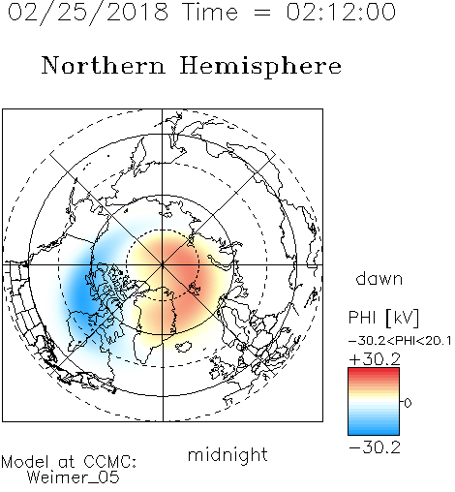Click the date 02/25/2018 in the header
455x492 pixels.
(88, 13)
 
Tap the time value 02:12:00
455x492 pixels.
(341, 13)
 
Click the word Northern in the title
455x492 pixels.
(104, 65)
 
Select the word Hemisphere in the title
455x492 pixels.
(260, 67)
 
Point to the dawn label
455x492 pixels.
(379, 278)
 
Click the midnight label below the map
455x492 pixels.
(227, 454)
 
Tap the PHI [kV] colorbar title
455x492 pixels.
(383, 318)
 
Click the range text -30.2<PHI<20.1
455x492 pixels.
(400, 341)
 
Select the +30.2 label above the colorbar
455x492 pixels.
(375, 359)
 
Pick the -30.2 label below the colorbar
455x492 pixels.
(375, 447)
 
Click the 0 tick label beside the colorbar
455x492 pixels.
(408, 403)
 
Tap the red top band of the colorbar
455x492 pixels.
(374, 371)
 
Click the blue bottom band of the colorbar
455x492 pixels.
(374, 431)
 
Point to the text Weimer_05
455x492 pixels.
(73, 477)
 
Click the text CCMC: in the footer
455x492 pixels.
(109, 462)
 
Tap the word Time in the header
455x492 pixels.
(210, 13)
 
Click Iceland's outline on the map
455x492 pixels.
(184, 347)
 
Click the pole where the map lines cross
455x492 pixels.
(163, 264)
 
